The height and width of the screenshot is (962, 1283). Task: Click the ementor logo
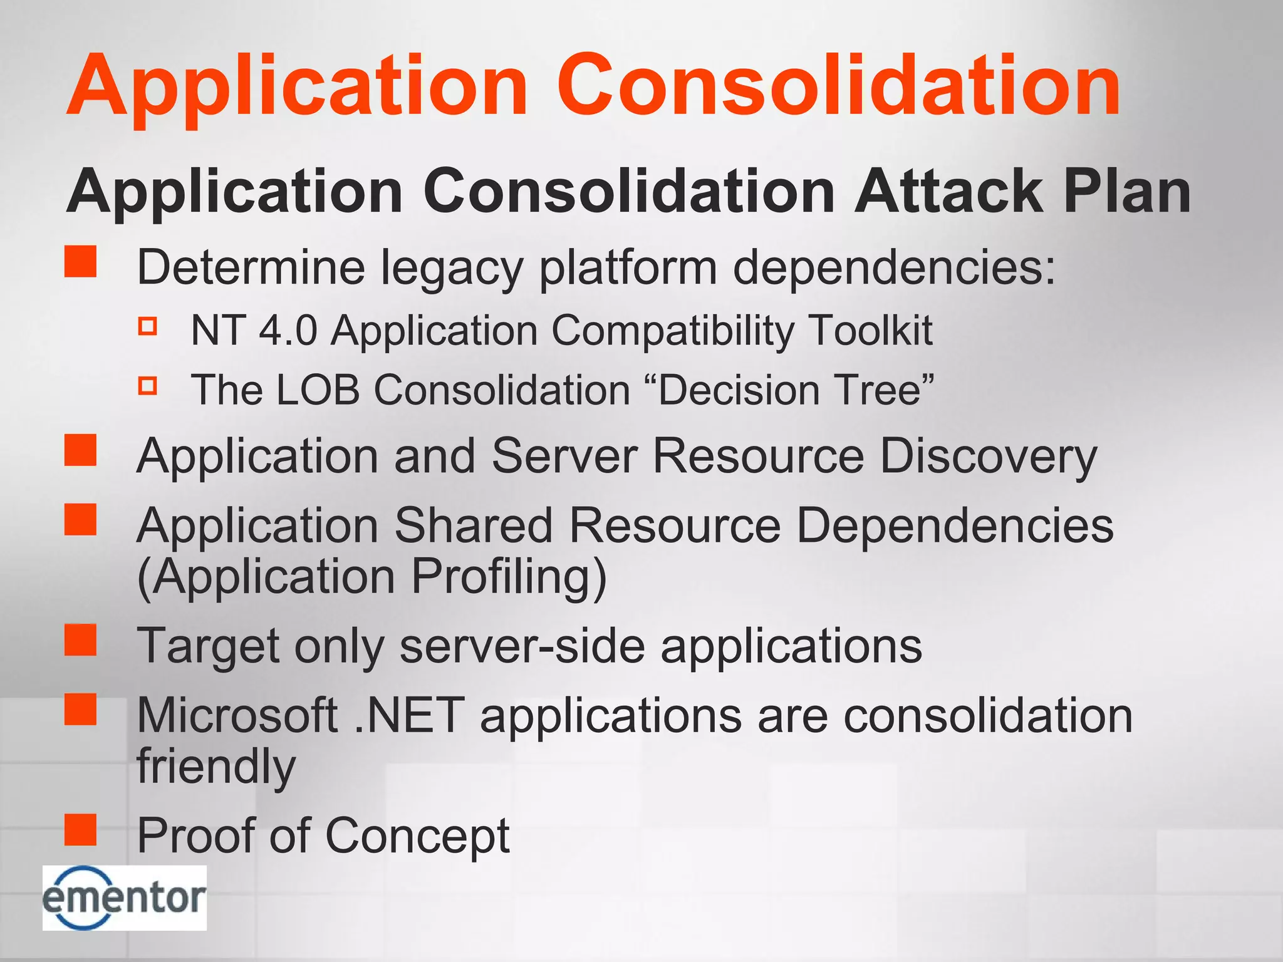tap(124, 897)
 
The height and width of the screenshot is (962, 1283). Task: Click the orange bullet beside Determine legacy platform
tap(81, 261)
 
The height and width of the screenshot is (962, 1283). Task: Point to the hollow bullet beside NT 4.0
tap(148, 326)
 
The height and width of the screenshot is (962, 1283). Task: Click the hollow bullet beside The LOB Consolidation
tap(148, 386)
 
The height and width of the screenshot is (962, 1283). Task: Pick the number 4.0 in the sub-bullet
tap(288, 330)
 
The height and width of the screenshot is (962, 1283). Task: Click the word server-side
tap(522, 646)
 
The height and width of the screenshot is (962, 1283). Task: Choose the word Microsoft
tap(237, 715)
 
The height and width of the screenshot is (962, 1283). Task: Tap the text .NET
tap(409, 715)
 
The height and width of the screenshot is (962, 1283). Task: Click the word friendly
tap(216, 767)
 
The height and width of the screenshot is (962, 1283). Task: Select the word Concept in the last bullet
tap(418, 835)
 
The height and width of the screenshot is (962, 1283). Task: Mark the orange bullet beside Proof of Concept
tap(81, 830)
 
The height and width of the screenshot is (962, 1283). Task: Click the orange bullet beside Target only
tap(81, 640)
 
